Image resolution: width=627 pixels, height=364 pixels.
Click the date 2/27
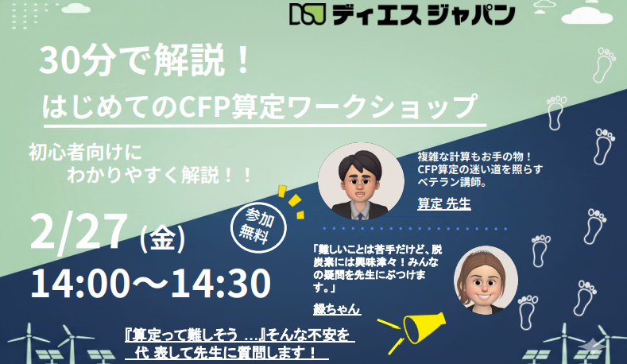click(79, 231)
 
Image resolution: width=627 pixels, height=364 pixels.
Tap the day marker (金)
click(162, 236)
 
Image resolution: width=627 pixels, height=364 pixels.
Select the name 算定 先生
click(444, 203)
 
